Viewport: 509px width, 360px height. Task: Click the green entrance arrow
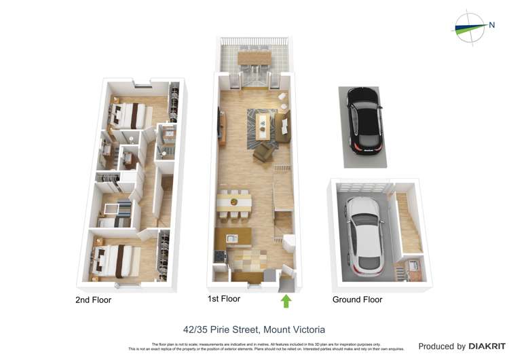(x=286, y=300)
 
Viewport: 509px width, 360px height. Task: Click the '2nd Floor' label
(x=94, y=300)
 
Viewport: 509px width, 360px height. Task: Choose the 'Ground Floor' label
(x=357, y=300)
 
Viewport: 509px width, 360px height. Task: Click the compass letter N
(x=491, y=25)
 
